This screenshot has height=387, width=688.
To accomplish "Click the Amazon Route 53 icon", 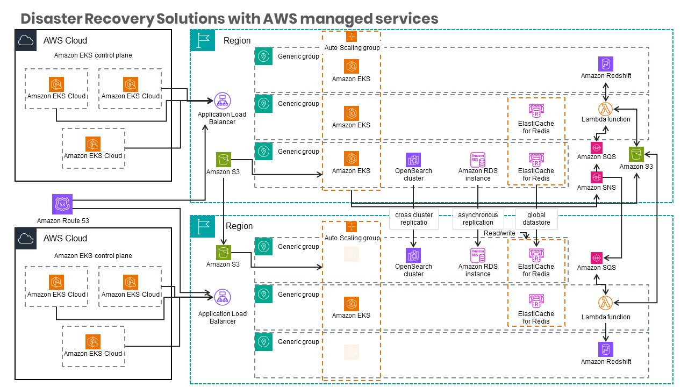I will (x=61, y=205).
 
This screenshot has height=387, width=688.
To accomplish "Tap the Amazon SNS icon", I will (x=596, y=176).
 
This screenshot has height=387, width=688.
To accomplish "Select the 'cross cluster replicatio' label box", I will (x=414, y=219).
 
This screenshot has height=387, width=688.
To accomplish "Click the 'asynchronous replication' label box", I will (x=478, y=219).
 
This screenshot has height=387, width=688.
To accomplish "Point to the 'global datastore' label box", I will (x=536, y=219).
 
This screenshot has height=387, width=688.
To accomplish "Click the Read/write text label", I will (x=499, y=233).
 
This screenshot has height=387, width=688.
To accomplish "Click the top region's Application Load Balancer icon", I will (x=222, y=101).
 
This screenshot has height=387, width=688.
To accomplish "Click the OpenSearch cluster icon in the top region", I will (x=413, y=160).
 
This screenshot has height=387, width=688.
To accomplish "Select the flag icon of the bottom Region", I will (x=203, y=226).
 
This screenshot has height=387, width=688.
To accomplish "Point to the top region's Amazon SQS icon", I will (x=596, y=147).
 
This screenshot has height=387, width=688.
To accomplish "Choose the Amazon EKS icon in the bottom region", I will (x=351, y=304).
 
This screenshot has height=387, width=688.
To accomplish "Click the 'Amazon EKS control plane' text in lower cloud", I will (x=93, y=256).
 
